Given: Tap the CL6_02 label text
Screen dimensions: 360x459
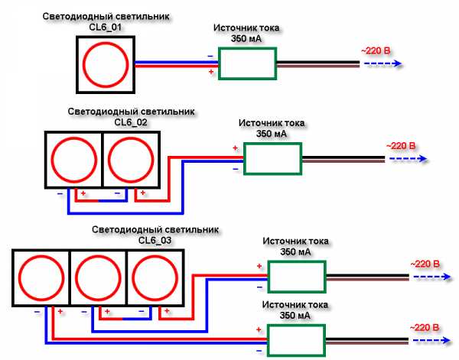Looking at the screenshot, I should (x=131, y=121).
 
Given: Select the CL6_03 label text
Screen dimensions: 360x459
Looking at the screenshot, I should (x=155, y=239).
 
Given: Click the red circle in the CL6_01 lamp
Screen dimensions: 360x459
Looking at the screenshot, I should (x=106, y=64).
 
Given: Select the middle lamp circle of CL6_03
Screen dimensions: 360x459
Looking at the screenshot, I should (x=98, y=279).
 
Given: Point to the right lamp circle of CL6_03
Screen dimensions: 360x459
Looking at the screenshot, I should (x=155, y=279).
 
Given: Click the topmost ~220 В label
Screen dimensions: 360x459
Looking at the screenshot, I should (x=376, y=51).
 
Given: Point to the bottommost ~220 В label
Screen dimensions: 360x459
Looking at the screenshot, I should (x=425, y=326).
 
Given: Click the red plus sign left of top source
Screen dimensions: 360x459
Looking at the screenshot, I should (x=211, y=72).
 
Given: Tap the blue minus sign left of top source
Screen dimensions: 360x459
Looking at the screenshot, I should (x=210, y=55).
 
